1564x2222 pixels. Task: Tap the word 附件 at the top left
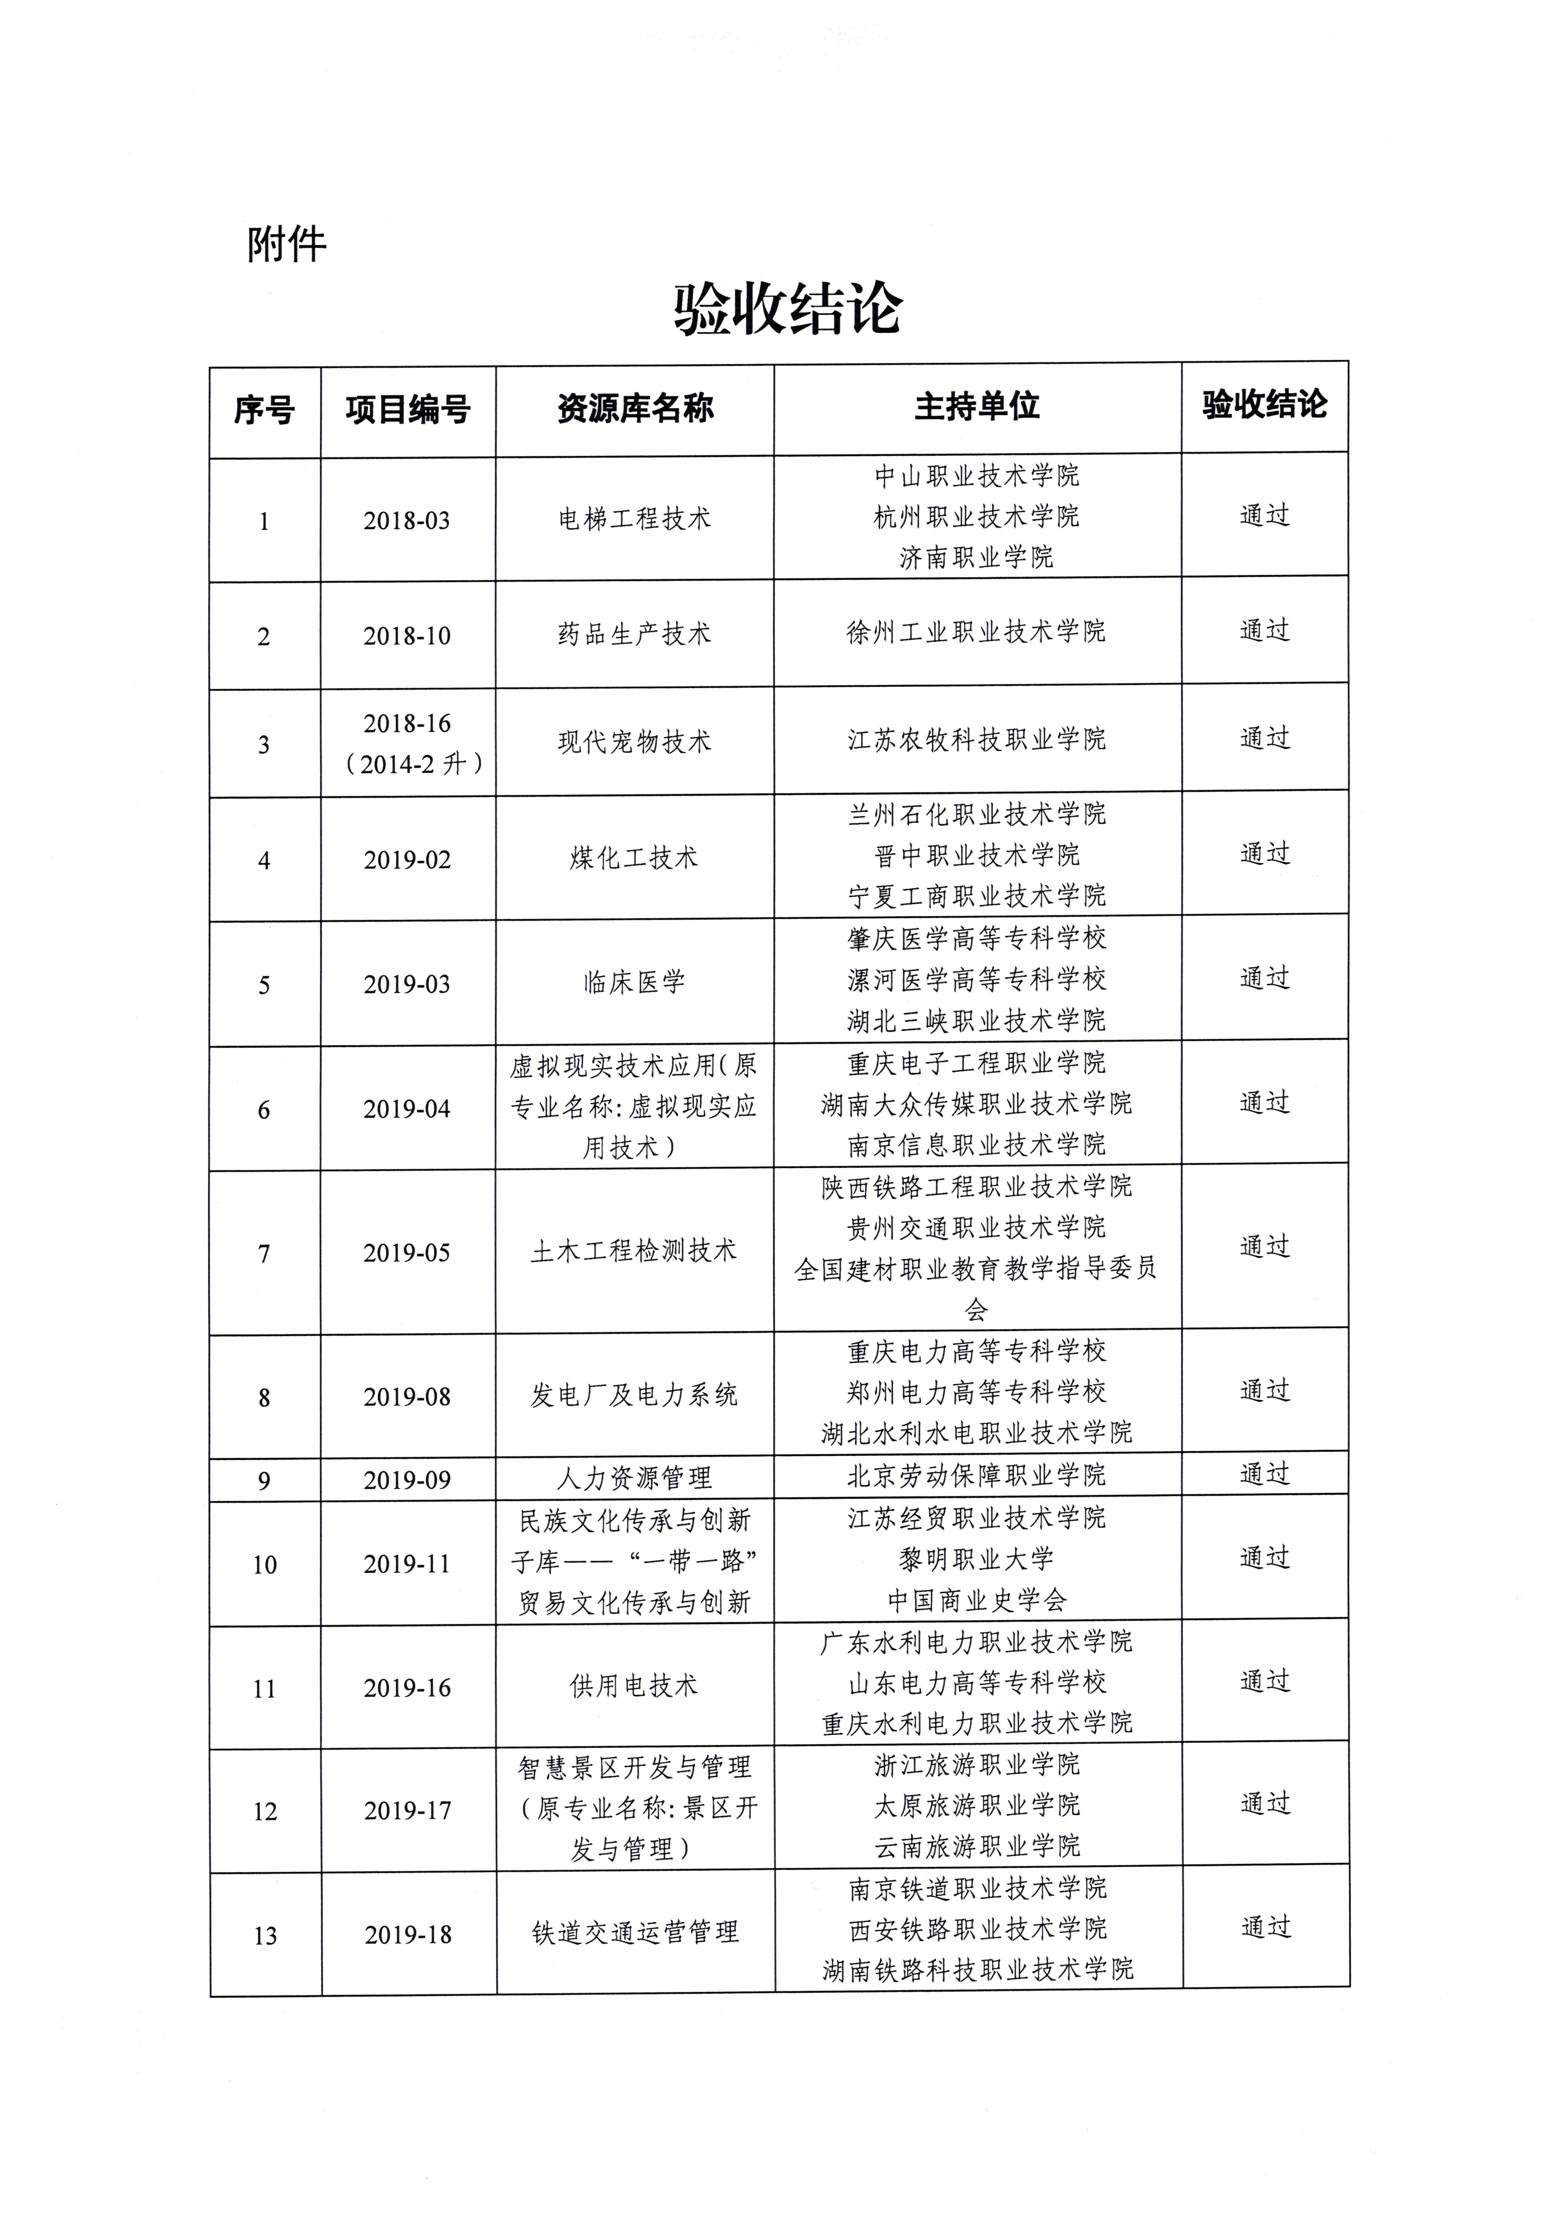tap(286, 245)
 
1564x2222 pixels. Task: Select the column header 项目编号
tap(407, 409)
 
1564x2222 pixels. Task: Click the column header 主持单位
tap(976, 406)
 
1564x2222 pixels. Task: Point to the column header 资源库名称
tap(635, 409)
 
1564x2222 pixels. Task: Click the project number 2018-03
tap(406, 521)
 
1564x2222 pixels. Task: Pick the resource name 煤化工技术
tap(634, 857)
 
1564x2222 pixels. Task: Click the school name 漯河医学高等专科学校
tap(976, 979)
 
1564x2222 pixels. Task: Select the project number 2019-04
tap(406, 1109)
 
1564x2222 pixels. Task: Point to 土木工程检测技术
tap(634, 1251)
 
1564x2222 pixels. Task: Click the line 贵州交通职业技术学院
tap(976, 1227)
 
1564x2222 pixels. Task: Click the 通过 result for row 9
tap(1265, 1474)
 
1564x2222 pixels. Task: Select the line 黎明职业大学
tap(976, 1559)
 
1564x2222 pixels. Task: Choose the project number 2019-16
tap(406, 1688)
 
